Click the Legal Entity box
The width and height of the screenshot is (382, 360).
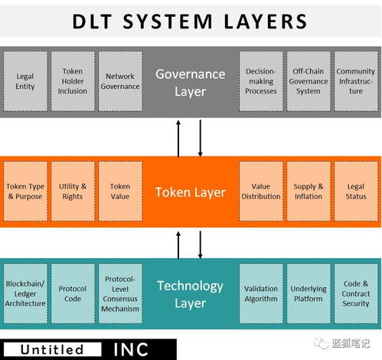coord(25,81)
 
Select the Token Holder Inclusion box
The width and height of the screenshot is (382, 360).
coord(73,81)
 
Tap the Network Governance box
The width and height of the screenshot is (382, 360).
coord(120,81)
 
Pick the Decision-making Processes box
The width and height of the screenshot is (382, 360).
coord(261,81)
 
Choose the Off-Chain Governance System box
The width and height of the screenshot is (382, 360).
coord(309,81)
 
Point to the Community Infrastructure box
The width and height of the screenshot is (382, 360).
coord(356,81)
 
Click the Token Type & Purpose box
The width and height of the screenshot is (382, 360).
coord(25,191)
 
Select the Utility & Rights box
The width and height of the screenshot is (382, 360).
coord(73,191)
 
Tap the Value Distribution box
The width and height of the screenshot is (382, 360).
coord(261,191)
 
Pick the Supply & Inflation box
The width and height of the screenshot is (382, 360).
coord(309,191)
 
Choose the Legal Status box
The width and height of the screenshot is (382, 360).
coord(356,191)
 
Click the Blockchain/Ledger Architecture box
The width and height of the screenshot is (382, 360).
coord(25,294)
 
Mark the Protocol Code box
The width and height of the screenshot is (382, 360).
coord(73,294)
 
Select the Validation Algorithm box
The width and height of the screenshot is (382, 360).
coord(261,294)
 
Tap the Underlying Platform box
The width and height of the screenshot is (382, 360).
coord(309,294)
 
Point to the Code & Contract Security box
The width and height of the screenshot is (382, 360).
coord(356,294)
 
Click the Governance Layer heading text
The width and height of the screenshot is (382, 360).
coord(190,81)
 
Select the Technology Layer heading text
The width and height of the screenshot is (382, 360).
coord(190,294)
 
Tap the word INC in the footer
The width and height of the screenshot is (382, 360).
coord(132,349)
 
